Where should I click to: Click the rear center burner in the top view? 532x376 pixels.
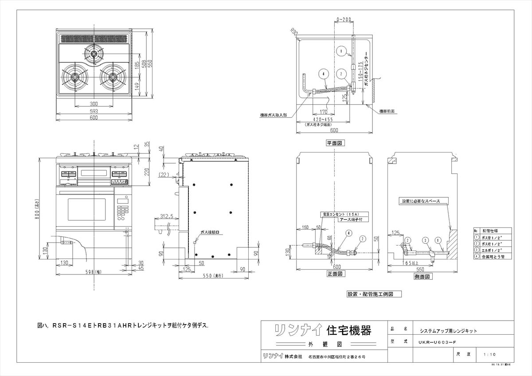(x=94, y=54)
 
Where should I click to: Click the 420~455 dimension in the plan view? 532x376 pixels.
(x=323, y=120)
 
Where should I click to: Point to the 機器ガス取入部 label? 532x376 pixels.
(x=273, y=114)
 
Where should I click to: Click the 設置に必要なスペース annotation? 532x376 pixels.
(x=421, y=201)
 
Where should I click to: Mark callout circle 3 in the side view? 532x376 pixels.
(x=425, y=240)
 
